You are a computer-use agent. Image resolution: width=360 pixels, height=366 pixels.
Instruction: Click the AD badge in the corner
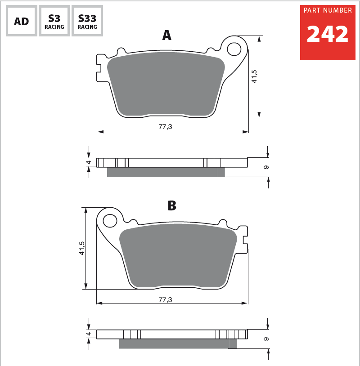(x=21, y=21)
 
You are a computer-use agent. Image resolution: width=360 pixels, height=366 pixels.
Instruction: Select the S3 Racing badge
(x=54, y=21)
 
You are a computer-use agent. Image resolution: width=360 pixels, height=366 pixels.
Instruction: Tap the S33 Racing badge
(x=87, y=21)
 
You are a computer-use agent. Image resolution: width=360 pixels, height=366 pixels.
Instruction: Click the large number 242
(x=328, y=35)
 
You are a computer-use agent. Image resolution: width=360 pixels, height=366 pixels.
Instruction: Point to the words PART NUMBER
(x=328, y=10)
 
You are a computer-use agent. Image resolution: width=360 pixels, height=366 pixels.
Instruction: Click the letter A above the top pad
(x=166, y=36)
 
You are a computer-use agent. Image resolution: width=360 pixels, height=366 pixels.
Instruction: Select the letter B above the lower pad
(x=171, y=206)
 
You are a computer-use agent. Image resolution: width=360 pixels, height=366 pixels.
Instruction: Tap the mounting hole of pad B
(x=110, y=221)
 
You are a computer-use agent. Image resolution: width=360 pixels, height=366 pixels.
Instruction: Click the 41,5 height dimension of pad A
(x=254, y=76)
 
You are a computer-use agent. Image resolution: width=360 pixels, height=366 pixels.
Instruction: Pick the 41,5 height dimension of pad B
(x=82, y=248)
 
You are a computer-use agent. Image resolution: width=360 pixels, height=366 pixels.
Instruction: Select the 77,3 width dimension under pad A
(x=165, y=127)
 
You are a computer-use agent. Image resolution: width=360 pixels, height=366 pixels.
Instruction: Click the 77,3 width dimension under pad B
(x=165, y=299)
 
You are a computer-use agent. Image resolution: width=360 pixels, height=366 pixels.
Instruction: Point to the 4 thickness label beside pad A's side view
(x=89, y=162)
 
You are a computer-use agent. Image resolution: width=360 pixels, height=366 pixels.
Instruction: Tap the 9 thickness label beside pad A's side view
(x=266, y=167)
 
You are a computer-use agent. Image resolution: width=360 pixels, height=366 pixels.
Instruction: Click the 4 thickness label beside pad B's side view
(x=89, y=334)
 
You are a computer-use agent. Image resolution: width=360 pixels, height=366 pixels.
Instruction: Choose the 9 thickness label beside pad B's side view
(x=266, y=339)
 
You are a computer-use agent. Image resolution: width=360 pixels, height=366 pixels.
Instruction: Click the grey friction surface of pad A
(x=166, y=85)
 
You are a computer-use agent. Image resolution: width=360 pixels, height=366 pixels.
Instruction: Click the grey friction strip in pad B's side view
(x=175, y=344)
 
